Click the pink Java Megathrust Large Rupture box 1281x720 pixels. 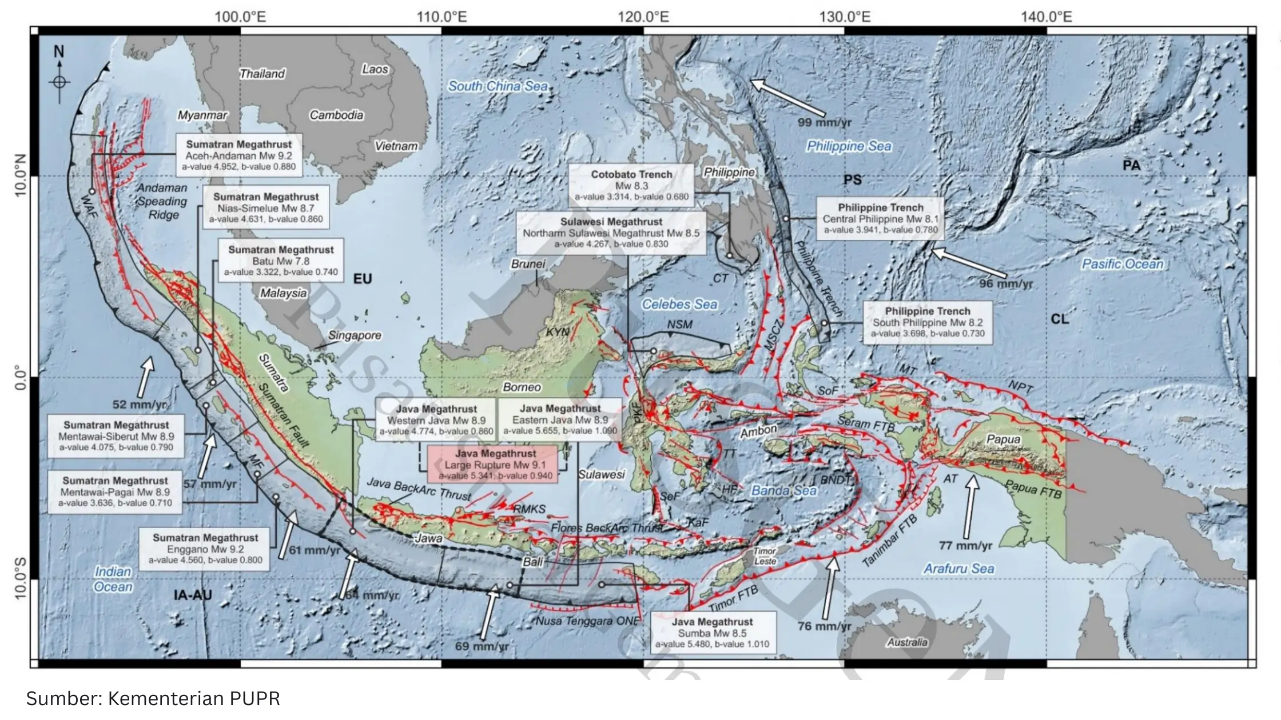(492, 464)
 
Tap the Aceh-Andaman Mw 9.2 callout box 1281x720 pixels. (238, 155)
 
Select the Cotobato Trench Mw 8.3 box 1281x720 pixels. (631, 185)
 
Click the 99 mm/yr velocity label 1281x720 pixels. (825, 122)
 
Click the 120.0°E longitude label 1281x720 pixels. (643, 17)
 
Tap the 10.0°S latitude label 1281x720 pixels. (21, 578)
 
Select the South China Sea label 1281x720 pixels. (498, 86)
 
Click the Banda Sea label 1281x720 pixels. (783, 490)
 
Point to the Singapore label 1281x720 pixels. (355, 335)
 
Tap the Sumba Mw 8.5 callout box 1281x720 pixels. (712, 633)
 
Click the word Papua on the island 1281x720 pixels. (1003, 439)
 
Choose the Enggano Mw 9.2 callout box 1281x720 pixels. (205, 549)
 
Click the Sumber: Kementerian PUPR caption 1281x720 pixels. (153, 698)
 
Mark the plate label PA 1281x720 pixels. (1131, 166)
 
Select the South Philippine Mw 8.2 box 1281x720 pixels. (928, 322)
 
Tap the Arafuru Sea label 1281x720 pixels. (958, 569)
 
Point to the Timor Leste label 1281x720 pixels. (765, 556)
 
